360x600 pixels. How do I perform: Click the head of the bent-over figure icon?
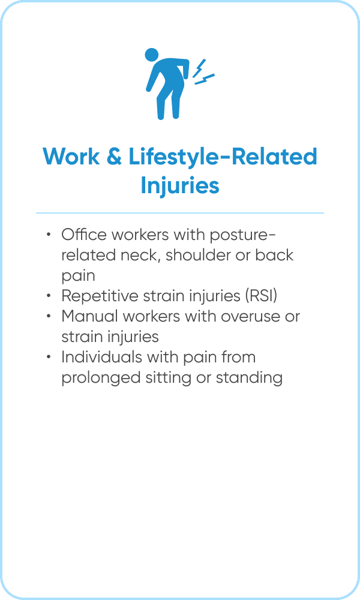click(151, 55)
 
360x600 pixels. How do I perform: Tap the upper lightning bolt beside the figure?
click(199, 68)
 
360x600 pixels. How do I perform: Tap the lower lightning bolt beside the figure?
click(205, 79)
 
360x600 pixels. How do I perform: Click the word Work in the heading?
click(71, 157)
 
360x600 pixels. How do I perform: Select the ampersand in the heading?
click(114, 157)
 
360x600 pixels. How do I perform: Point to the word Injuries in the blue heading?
click(180, 185)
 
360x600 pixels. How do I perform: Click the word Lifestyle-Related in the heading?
click(223, 157)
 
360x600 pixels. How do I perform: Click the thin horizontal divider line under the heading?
click(180, 213)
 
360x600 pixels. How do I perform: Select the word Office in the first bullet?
click(83, 235)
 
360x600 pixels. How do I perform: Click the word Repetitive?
click(100, 296)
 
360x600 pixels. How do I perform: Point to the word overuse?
click(250, 316)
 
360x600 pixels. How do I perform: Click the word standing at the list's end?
click(249, 378)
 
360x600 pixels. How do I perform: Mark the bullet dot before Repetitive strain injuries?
click(49, 296)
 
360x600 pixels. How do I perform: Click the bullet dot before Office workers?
click(49, 235)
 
